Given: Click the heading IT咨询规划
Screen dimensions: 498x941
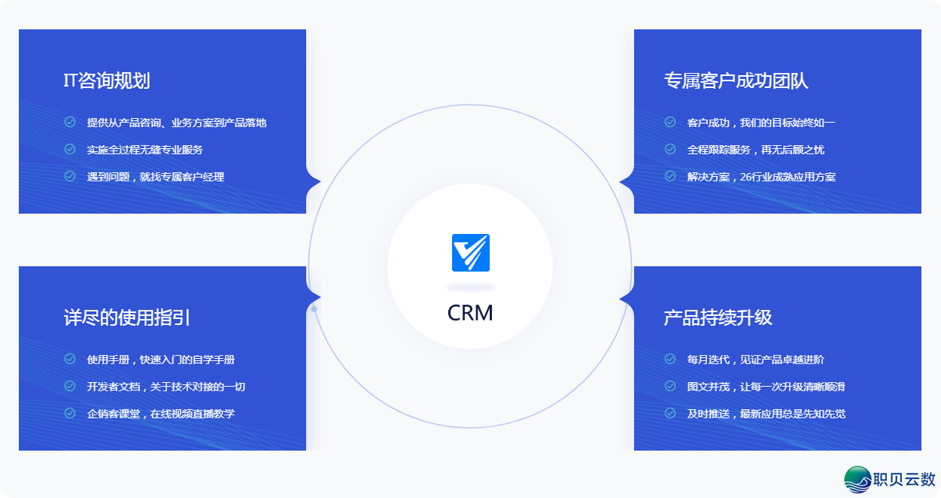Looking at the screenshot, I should pos(107,81).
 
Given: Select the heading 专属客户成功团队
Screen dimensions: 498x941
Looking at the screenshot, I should pos(736,81).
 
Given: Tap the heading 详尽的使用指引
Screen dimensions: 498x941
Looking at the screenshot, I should pos(126,317).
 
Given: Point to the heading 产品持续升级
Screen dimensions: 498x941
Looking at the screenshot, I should pos(718,317).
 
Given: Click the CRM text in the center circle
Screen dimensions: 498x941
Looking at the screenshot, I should pos(470,313).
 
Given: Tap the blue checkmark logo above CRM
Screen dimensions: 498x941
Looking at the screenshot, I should pos(471,253).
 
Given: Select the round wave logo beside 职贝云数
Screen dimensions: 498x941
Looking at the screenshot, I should pos(858,479).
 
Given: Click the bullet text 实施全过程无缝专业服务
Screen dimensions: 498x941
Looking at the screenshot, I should pos(144,150).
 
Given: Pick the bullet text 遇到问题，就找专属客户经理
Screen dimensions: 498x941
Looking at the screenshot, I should pos(155,177).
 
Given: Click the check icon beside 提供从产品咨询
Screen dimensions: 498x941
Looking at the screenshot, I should pos(70,122).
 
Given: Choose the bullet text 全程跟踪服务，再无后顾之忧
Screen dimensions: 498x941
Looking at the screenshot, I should pos(755,150).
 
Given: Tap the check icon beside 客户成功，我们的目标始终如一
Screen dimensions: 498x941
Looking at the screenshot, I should pos(670,122).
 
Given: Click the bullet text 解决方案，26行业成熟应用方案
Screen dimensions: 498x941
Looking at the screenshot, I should pos(761,177).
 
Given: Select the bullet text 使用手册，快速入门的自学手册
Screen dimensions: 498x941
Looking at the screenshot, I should pos(160,360).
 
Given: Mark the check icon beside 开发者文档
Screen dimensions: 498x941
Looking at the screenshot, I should pos(70,387).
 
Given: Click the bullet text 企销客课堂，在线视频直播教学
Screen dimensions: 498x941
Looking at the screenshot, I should pos(160,414).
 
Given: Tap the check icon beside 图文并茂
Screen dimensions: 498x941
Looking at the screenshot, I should pos(670,387).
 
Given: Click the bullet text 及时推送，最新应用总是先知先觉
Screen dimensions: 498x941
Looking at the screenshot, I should pos(766,414).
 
